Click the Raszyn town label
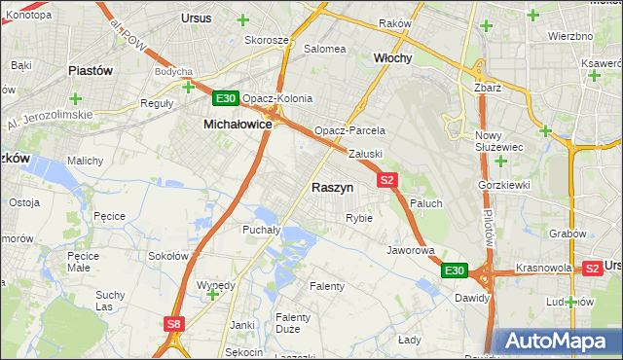[332, 187]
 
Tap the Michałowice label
[238, 125]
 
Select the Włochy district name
[393, 58]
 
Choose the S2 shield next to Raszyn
[387, 180]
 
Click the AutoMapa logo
[558, 342]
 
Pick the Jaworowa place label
[410, 250]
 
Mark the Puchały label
[261, 231]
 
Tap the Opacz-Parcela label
[349, 130]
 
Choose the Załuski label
[366, 154]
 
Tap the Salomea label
[325, 49]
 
